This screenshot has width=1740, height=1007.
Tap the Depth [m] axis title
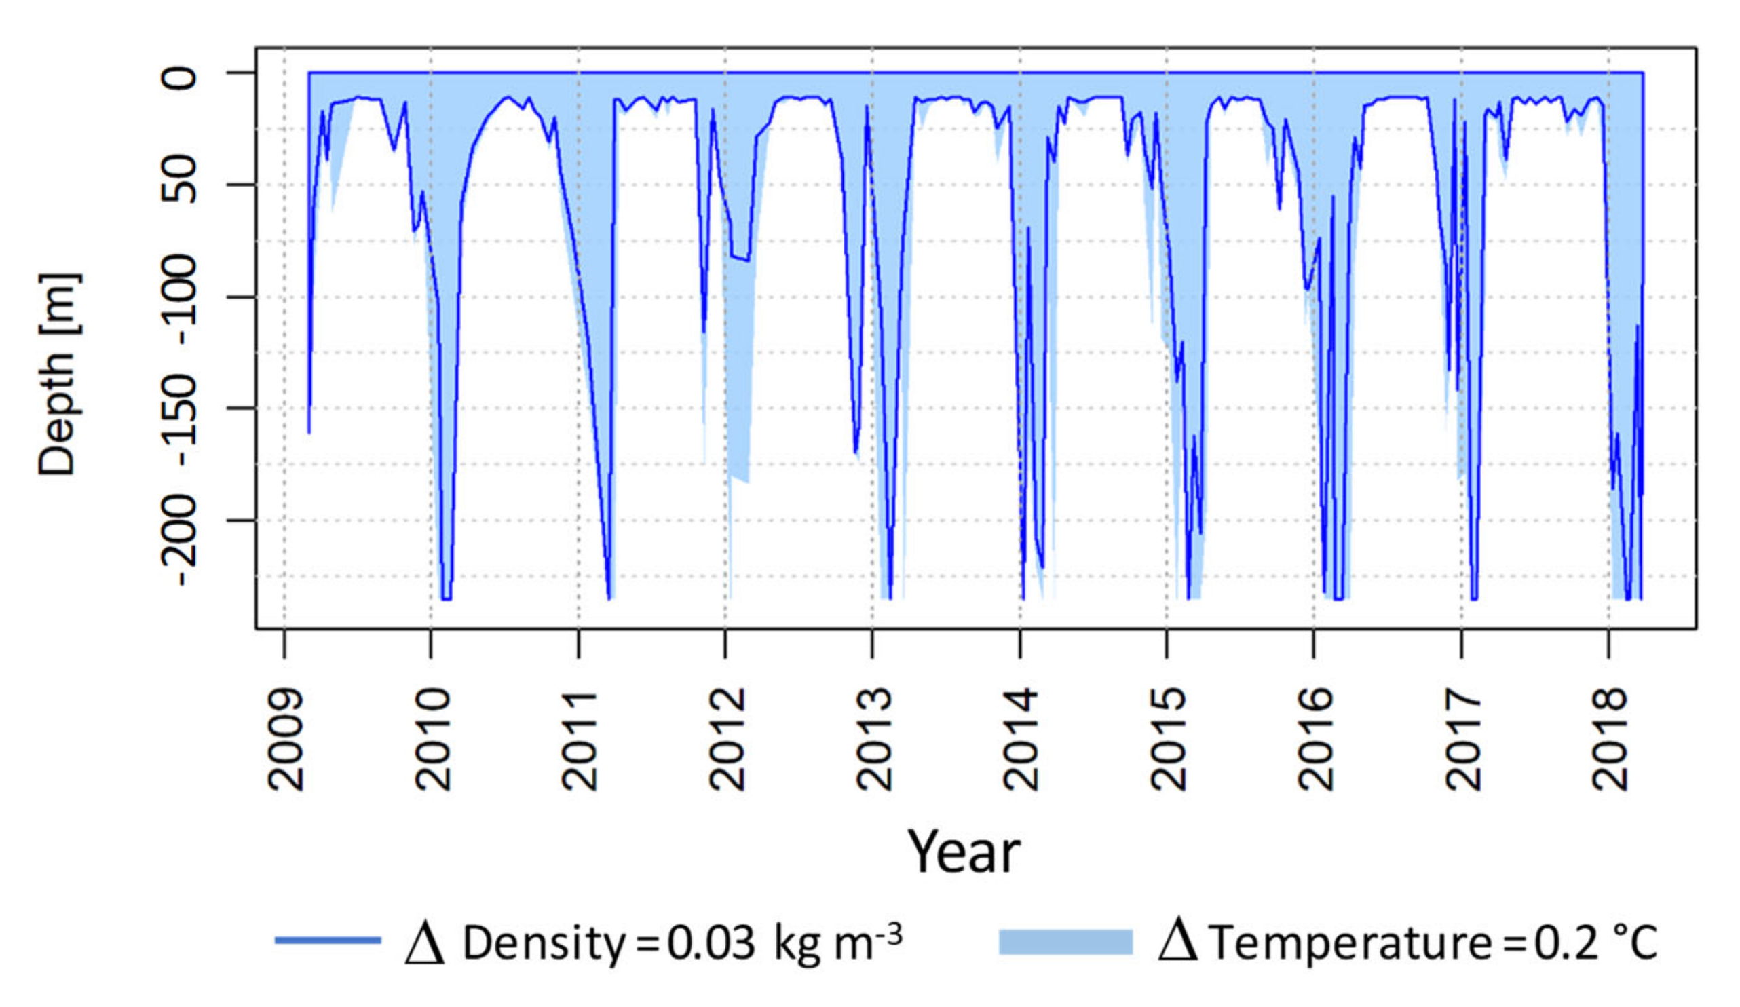pos(58,374)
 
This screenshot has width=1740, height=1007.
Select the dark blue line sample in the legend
pos(328,940)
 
